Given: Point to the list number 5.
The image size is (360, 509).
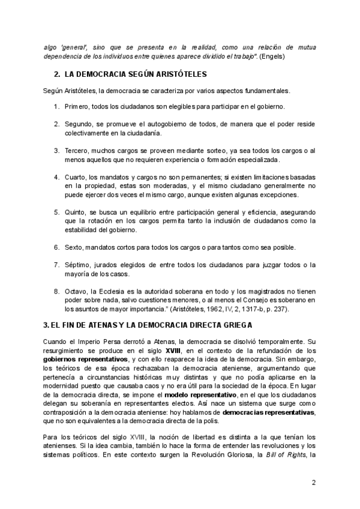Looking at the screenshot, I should coord(56,212).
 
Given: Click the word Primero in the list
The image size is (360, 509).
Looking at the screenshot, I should coord(77,106).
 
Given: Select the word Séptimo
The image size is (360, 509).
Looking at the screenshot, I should coord(78,265).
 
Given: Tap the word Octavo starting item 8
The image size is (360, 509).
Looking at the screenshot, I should coord(77,291).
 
